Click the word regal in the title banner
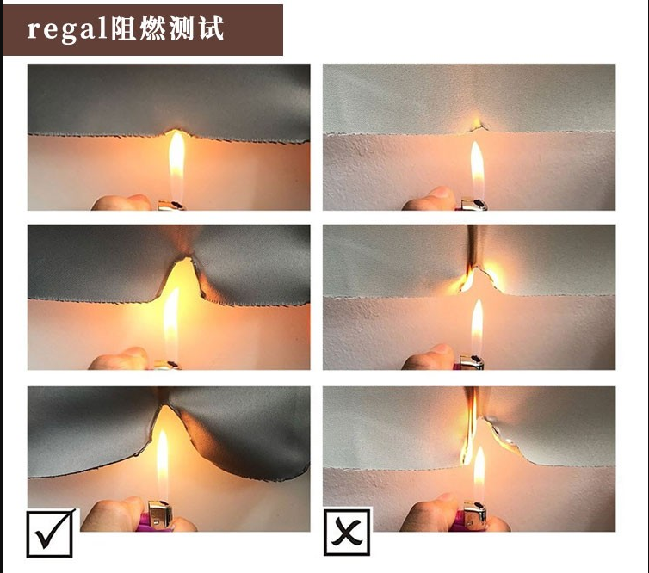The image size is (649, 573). pyautogui.click(x=68, y=30)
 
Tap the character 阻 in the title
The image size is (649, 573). pyautogui.click(x=124, y=28)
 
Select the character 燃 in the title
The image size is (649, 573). pyautogui.click(x=152, y=28)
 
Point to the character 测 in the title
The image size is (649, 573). pyautogui.click(x=182, y=28)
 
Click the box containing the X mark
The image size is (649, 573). pyautogui.click(x=347, y=533)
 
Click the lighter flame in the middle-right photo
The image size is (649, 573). pyautogui.click(x=477, y=327)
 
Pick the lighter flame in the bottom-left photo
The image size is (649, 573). pyautogui.click(x=162, y=465)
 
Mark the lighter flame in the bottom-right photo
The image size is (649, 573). pyautogui.click(x=479, y=474)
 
